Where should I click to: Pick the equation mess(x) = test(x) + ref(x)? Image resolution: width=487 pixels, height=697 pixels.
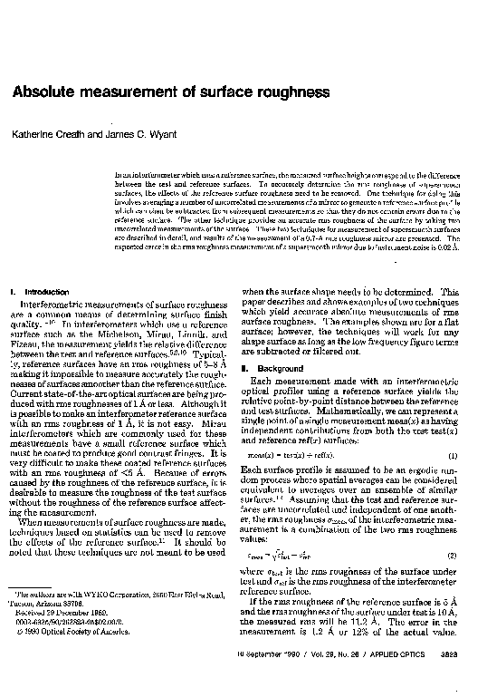click(291, 454)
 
